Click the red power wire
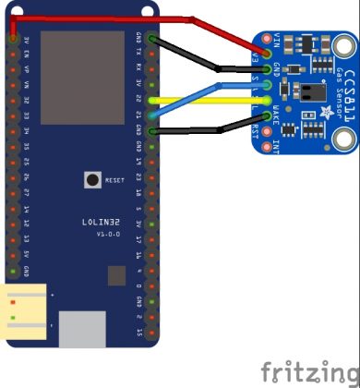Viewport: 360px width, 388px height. point(102,18)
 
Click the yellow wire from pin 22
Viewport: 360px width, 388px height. point(203,100)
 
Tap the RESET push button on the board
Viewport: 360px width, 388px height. point(91,180)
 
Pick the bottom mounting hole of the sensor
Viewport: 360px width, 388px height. point(344,139)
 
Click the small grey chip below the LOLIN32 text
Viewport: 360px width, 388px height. point(116,275)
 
